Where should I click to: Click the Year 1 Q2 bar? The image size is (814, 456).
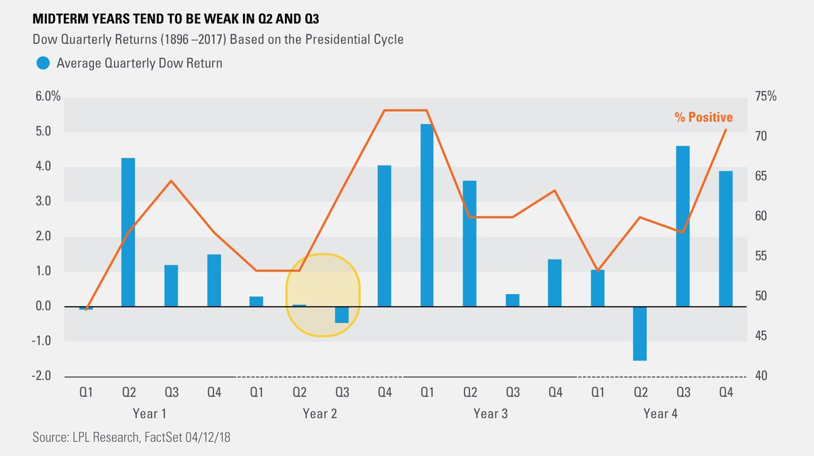pos(128,232)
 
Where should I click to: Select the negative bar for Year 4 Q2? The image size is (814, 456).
pos(640,333)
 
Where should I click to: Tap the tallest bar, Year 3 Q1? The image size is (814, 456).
pos(427,215)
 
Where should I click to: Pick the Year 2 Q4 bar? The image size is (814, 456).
pos(385,236)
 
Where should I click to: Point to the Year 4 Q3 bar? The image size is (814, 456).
pos(683,226)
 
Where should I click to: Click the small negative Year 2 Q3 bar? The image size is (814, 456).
pos(342,314)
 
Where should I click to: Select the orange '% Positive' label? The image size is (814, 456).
pos(703,118)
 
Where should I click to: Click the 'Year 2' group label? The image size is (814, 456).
pos(320,413)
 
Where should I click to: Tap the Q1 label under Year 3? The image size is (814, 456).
pos(427,392)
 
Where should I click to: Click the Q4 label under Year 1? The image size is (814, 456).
pos(214,392)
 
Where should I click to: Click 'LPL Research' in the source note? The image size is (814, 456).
pos(102,438)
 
